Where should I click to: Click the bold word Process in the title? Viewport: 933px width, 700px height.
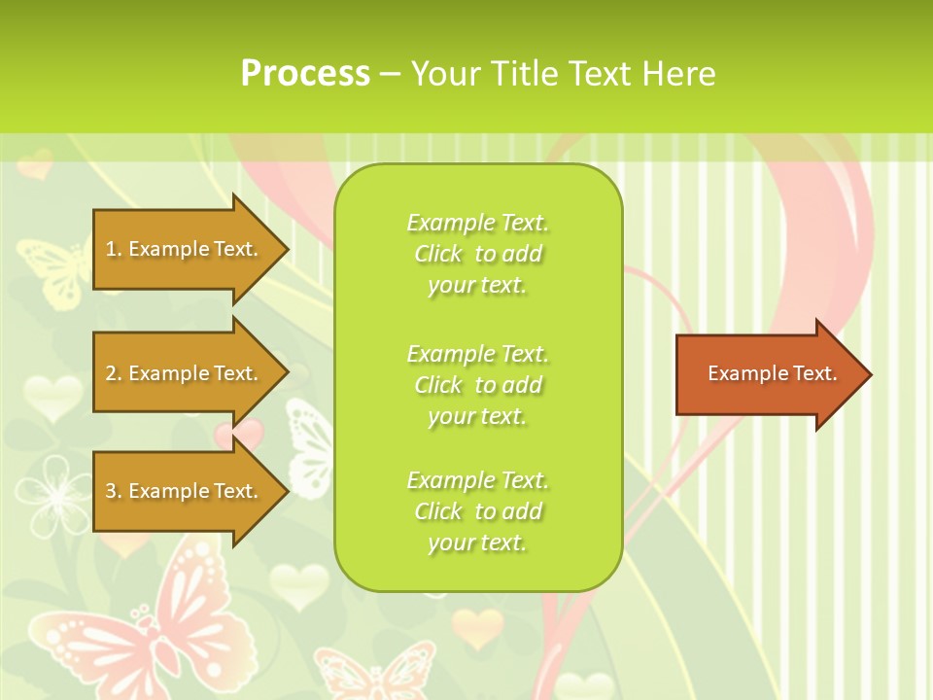point(305,74)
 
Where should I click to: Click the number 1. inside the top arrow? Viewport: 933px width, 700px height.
point(114,249)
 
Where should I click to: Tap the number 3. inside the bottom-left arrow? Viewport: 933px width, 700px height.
point(114,491)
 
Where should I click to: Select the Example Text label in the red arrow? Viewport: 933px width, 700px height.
point(772,373)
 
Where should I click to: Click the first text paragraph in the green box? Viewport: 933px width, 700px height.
point(477,254)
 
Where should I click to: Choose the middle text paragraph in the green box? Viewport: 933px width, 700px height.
point(477,385)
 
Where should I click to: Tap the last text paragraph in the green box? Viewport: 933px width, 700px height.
point(477,511)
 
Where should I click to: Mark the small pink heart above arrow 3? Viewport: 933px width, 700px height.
point(240,433)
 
